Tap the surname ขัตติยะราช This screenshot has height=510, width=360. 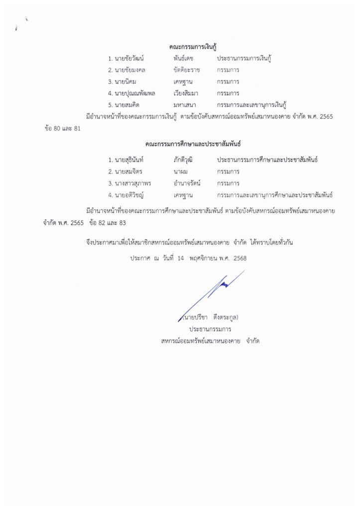(184, 70)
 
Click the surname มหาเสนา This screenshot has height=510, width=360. (181, 104)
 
